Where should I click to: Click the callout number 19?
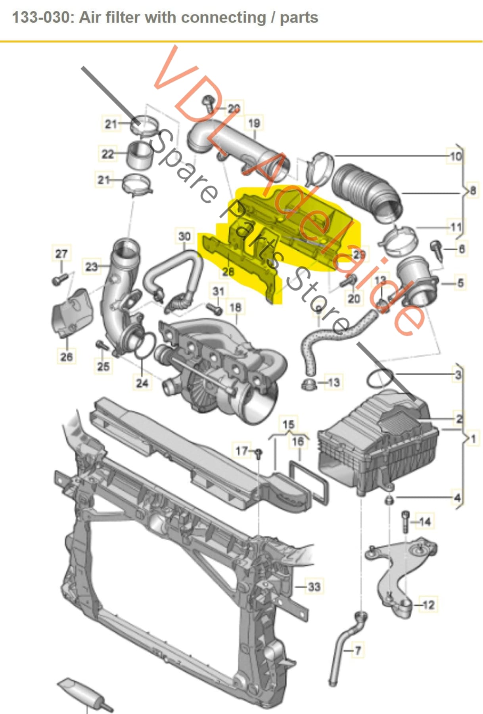pyautogui.click(x=254, y=123)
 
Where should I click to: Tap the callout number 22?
pyautogui.click(x=107, y=154)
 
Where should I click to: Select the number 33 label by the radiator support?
pyautogui.click(x=314, y=586)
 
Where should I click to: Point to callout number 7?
pyautogui.click(x=358, y=651)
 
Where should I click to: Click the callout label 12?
pyautogui.click(x=429, y=605)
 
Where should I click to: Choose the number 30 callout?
pyautogui.click(x=184, y=236)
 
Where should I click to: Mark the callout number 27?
pyautogui.click(x=61, y=253)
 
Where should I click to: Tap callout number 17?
pyautogui.click(x=241, y=451)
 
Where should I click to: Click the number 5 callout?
pyautogui.click(x=460, y=283)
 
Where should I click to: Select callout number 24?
pyautogui.click(x=142, y=383)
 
